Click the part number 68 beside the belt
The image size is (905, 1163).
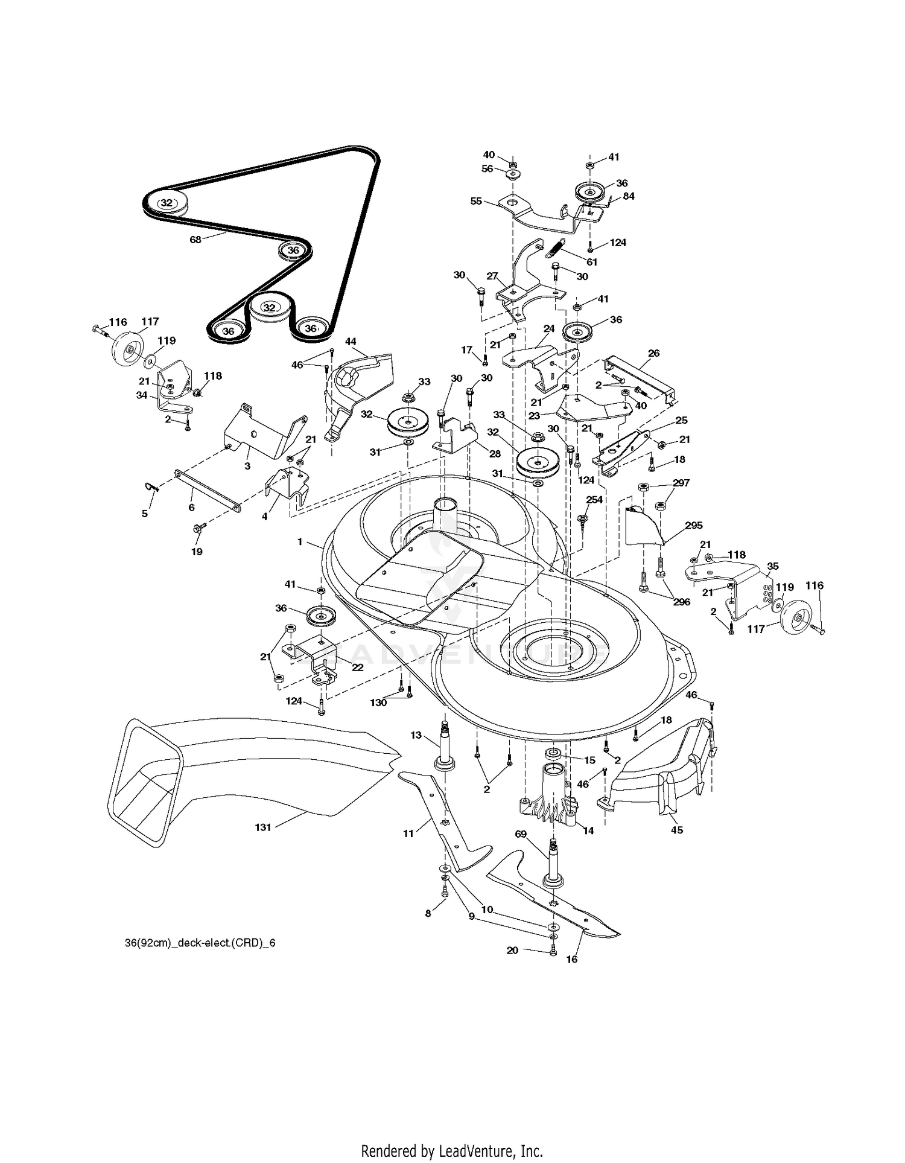pyautogui.click(x=195, y=240)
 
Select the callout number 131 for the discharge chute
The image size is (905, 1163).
pyautogui.click(x=263, y=827)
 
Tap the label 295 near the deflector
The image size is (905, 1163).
pyautogui.click(x=694, y=526)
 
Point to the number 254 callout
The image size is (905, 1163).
pyautogui.click(x=594, y=500)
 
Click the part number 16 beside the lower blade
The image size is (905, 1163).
pyautogui.click(x=571, y=959)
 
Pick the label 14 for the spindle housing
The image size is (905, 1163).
pyautogui.click(x=589, y=830)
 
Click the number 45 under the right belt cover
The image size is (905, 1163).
pyautogui.click(x=677, y=830)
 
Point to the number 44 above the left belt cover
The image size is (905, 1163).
pyautogui.click(x=351, y=342)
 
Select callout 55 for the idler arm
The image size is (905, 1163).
pyautogui.click(x=476, y=201)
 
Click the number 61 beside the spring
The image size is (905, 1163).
pyautogui.click(x=592, y=262)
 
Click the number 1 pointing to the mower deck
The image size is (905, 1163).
pyautogui.click(x=300, y=542)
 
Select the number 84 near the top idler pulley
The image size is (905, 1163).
pyautogui.click(x=629, y=196)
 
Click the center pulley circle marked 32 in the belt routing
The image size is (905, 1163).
pyautogui.click(x=269, y=308)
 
